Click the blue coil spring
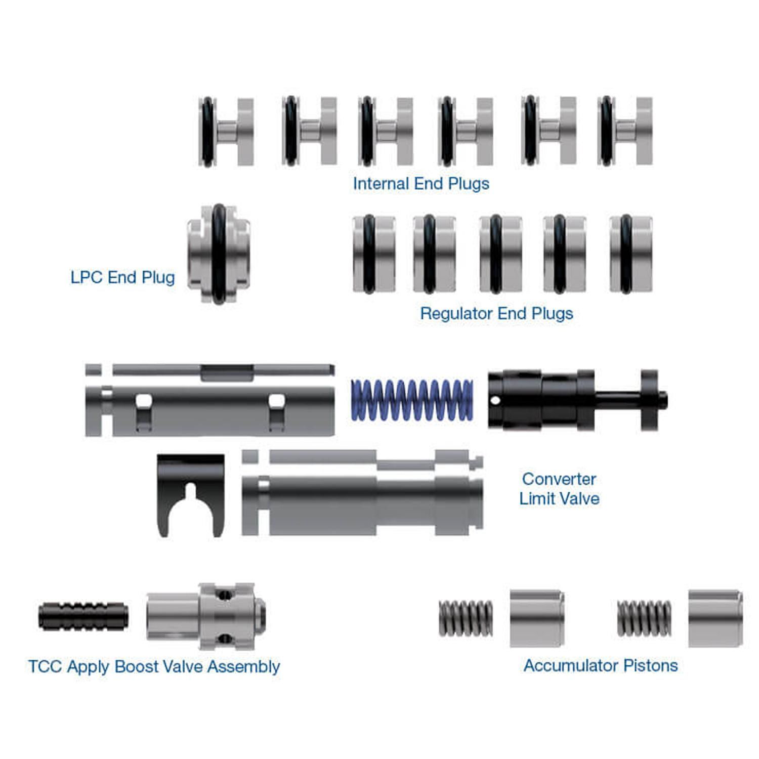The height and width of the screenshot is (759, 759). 411,400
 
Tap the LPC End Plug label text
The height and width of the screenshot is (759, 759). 122,277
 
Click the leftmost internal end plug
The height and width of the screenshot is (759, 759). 226,132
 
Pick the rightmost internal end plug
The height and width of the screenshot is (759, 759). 625,132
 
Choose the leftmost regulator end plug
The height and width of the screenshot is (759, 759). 373,254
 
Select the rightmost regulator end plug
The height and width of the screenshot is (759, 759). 630,254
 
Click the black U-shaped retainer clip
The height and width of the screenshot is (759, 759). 190,493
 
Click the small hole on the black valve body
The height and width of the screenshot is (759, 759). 496,401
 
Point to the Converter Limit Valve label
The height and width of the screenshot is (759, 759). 559,488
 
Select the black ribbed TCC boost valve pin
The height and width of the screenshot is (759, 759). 83,616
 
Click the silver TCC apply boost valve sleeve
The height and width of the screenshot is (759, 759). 206,616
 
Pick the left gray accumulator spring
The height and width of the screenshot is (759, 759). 466,618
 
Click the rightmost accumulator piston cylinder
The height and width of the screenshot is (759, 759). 715,618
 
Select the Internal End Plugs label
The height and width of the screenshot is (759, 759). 421,183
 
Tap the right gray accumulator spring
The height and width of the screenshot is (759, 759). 644,618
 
